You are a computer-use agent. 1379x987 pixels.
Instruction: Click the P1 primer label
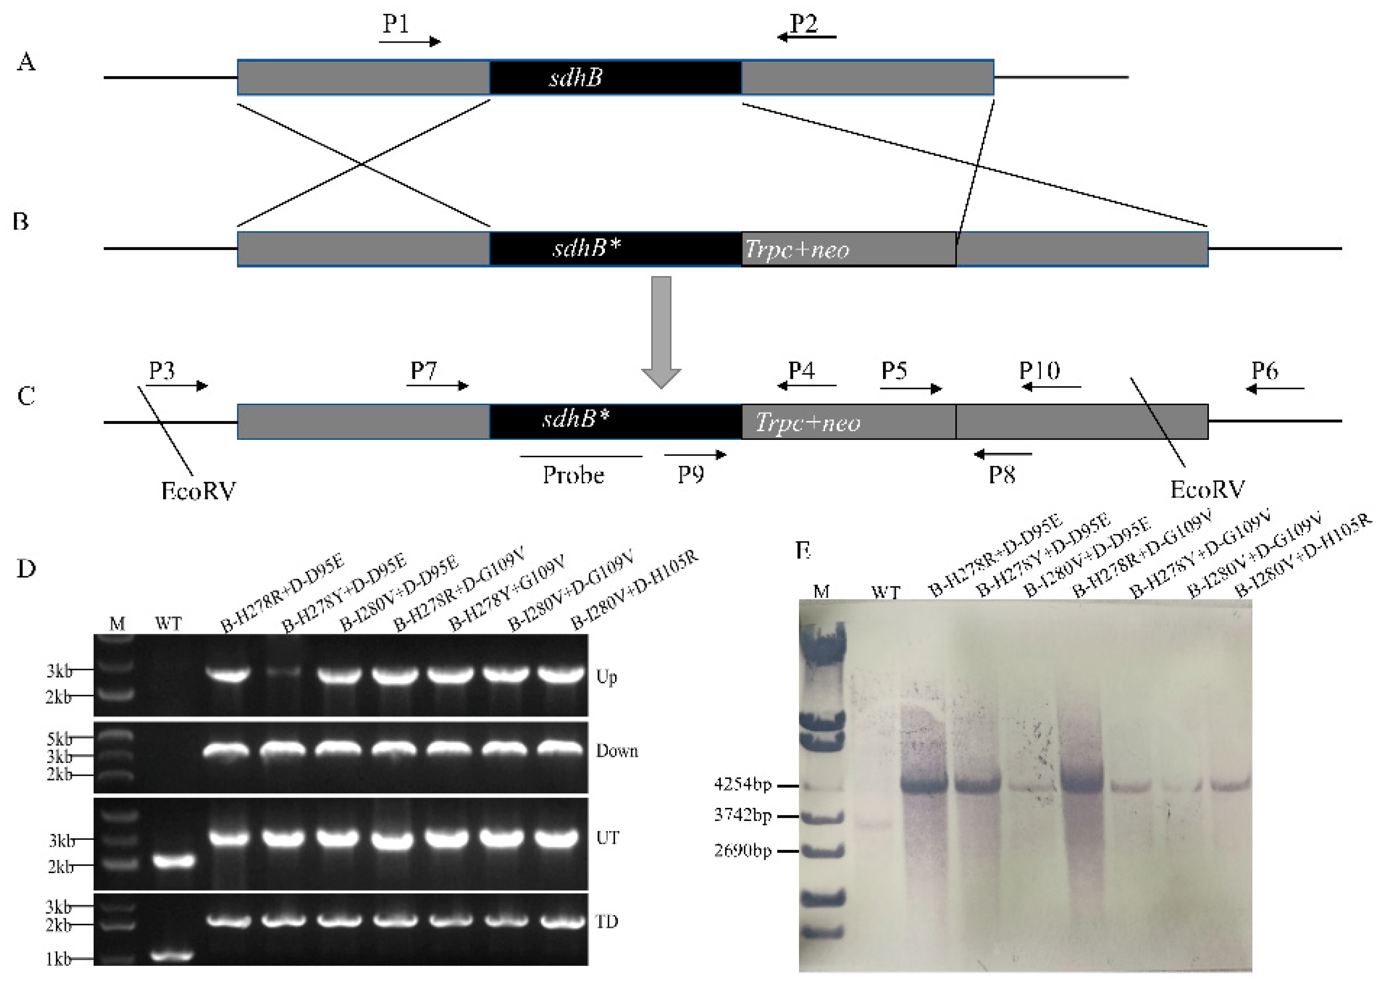click(x=396, y=24)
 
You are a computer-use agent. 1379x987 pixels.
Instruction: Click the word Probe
click(x=573, y=475)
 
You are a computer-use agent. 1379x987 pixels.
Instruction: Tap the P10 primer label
click(x=1039, y=370)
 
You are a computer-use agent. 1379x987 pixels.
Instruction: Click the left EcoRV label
click(x=198, y=490)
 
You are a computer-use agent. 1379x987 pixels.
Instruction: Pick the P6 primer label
click(x=1264, y=370)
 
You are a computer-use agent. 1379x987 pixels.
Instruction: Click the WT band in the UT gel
click(x=173, y=860)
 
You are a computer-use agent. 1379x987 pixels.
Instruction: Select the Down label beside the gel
click(x=617, y=751)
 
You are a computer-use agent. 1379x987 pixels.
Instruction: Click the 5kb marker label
click(x=59, y=739)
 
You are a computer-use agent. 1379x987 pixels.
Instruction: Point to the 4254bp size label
click(x=742, y=784)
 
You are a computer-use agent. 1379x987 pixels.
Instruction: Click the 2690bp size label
click(x=742, y=850)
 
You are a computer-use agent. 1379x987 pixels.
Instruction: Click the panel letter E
click(x=803, y=550)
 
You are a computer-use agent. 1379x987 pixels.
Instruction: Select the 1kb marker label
click(x=58, y=959)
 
